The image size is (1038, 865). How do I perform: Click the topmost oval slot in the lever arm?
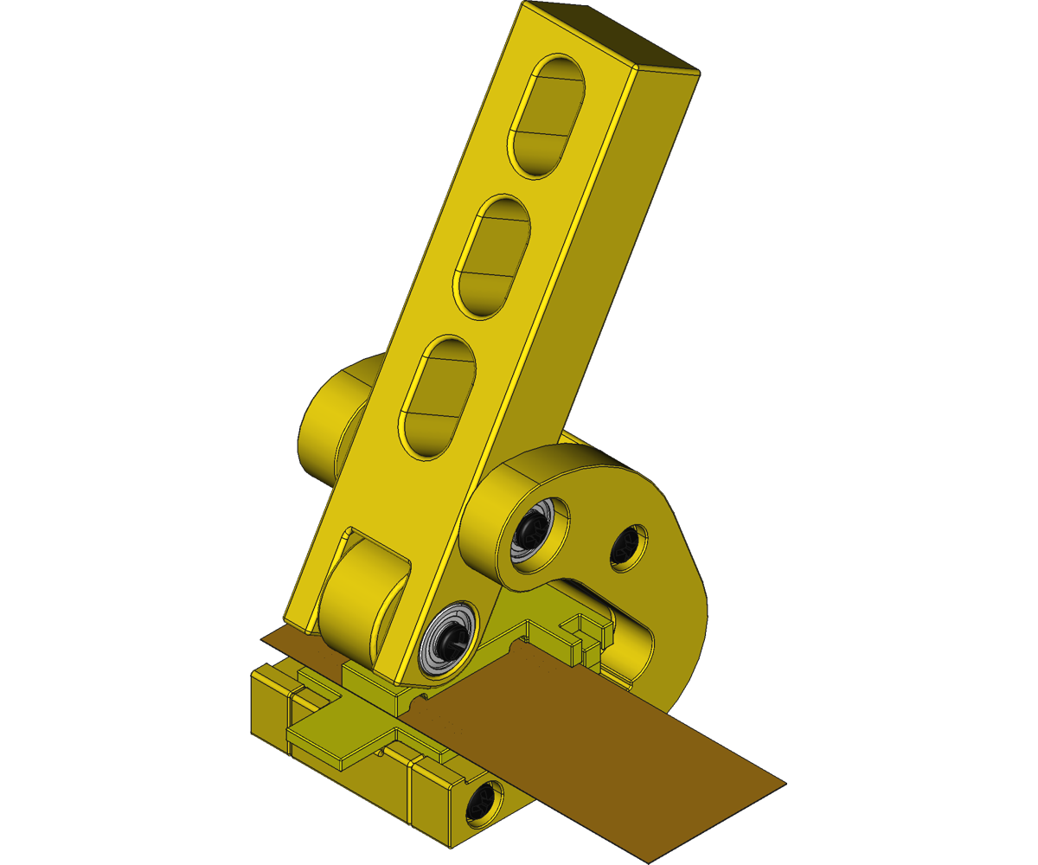(x=549, y=117)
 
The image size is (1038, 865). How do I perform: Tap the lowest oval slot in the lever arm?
(x=438, y=398)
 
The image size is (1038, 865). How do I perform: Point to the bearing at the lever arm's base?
(x=448, y=640)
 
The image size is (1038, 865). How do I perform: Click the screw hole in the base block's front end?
(x=481, y=803)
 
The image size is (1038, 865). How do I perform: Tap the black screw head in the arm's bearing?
(x=451, y=641)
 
